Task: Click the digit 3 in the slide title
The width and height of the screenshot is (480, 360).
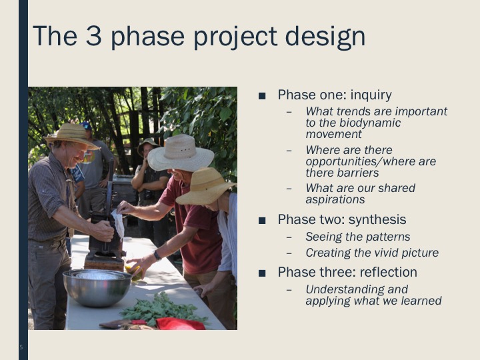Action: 93,35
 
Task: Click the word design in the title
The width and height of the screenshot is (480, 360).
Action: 325,37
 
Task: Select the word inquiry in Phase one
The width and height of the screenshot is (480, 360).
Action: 371,95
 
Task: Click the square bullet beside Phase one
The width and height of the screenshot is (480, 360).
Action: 262,96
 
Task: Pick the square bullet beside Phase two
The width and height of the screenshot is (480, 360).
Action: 262,221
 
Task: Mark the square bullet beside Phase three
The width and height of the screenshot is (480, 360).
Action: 262,273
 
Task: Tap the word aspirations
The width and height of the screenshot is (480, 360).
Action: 335,200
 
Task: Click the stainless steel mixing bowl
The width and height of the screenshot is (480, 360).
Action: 97,287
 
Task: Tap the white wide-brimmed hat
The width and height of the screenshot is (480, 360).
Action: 180,153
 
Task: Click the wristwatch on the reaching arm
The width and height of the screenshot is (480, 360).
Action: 157,255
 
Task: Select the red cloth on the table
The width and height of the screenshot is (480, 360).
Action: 180,324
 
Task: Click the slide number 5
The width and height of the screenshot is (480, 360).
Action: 21,347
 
